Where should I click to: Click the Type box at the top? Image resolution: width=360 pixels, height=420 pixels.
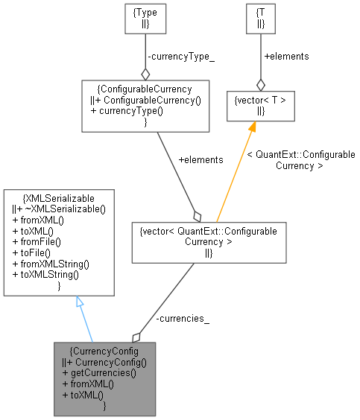[145, 19]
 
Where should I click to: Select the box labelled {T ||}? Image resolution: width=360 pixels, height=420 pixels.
[260, 19]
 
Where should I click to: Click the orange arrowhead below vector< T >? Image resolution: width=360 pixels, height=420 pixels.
[252, 127]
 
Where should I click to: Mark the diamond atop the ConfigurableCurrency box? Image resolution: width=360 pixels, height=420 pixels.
[145, 74]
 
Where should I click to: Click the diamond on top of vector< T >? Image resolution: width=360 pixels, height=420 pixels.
[260, 86]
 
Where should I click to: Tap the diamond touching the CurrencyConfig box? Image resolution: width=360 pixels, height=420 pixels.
[136, 337]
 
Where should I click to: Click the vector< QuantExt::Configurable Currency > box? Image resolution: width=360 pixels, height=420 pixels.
[209, 243]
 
